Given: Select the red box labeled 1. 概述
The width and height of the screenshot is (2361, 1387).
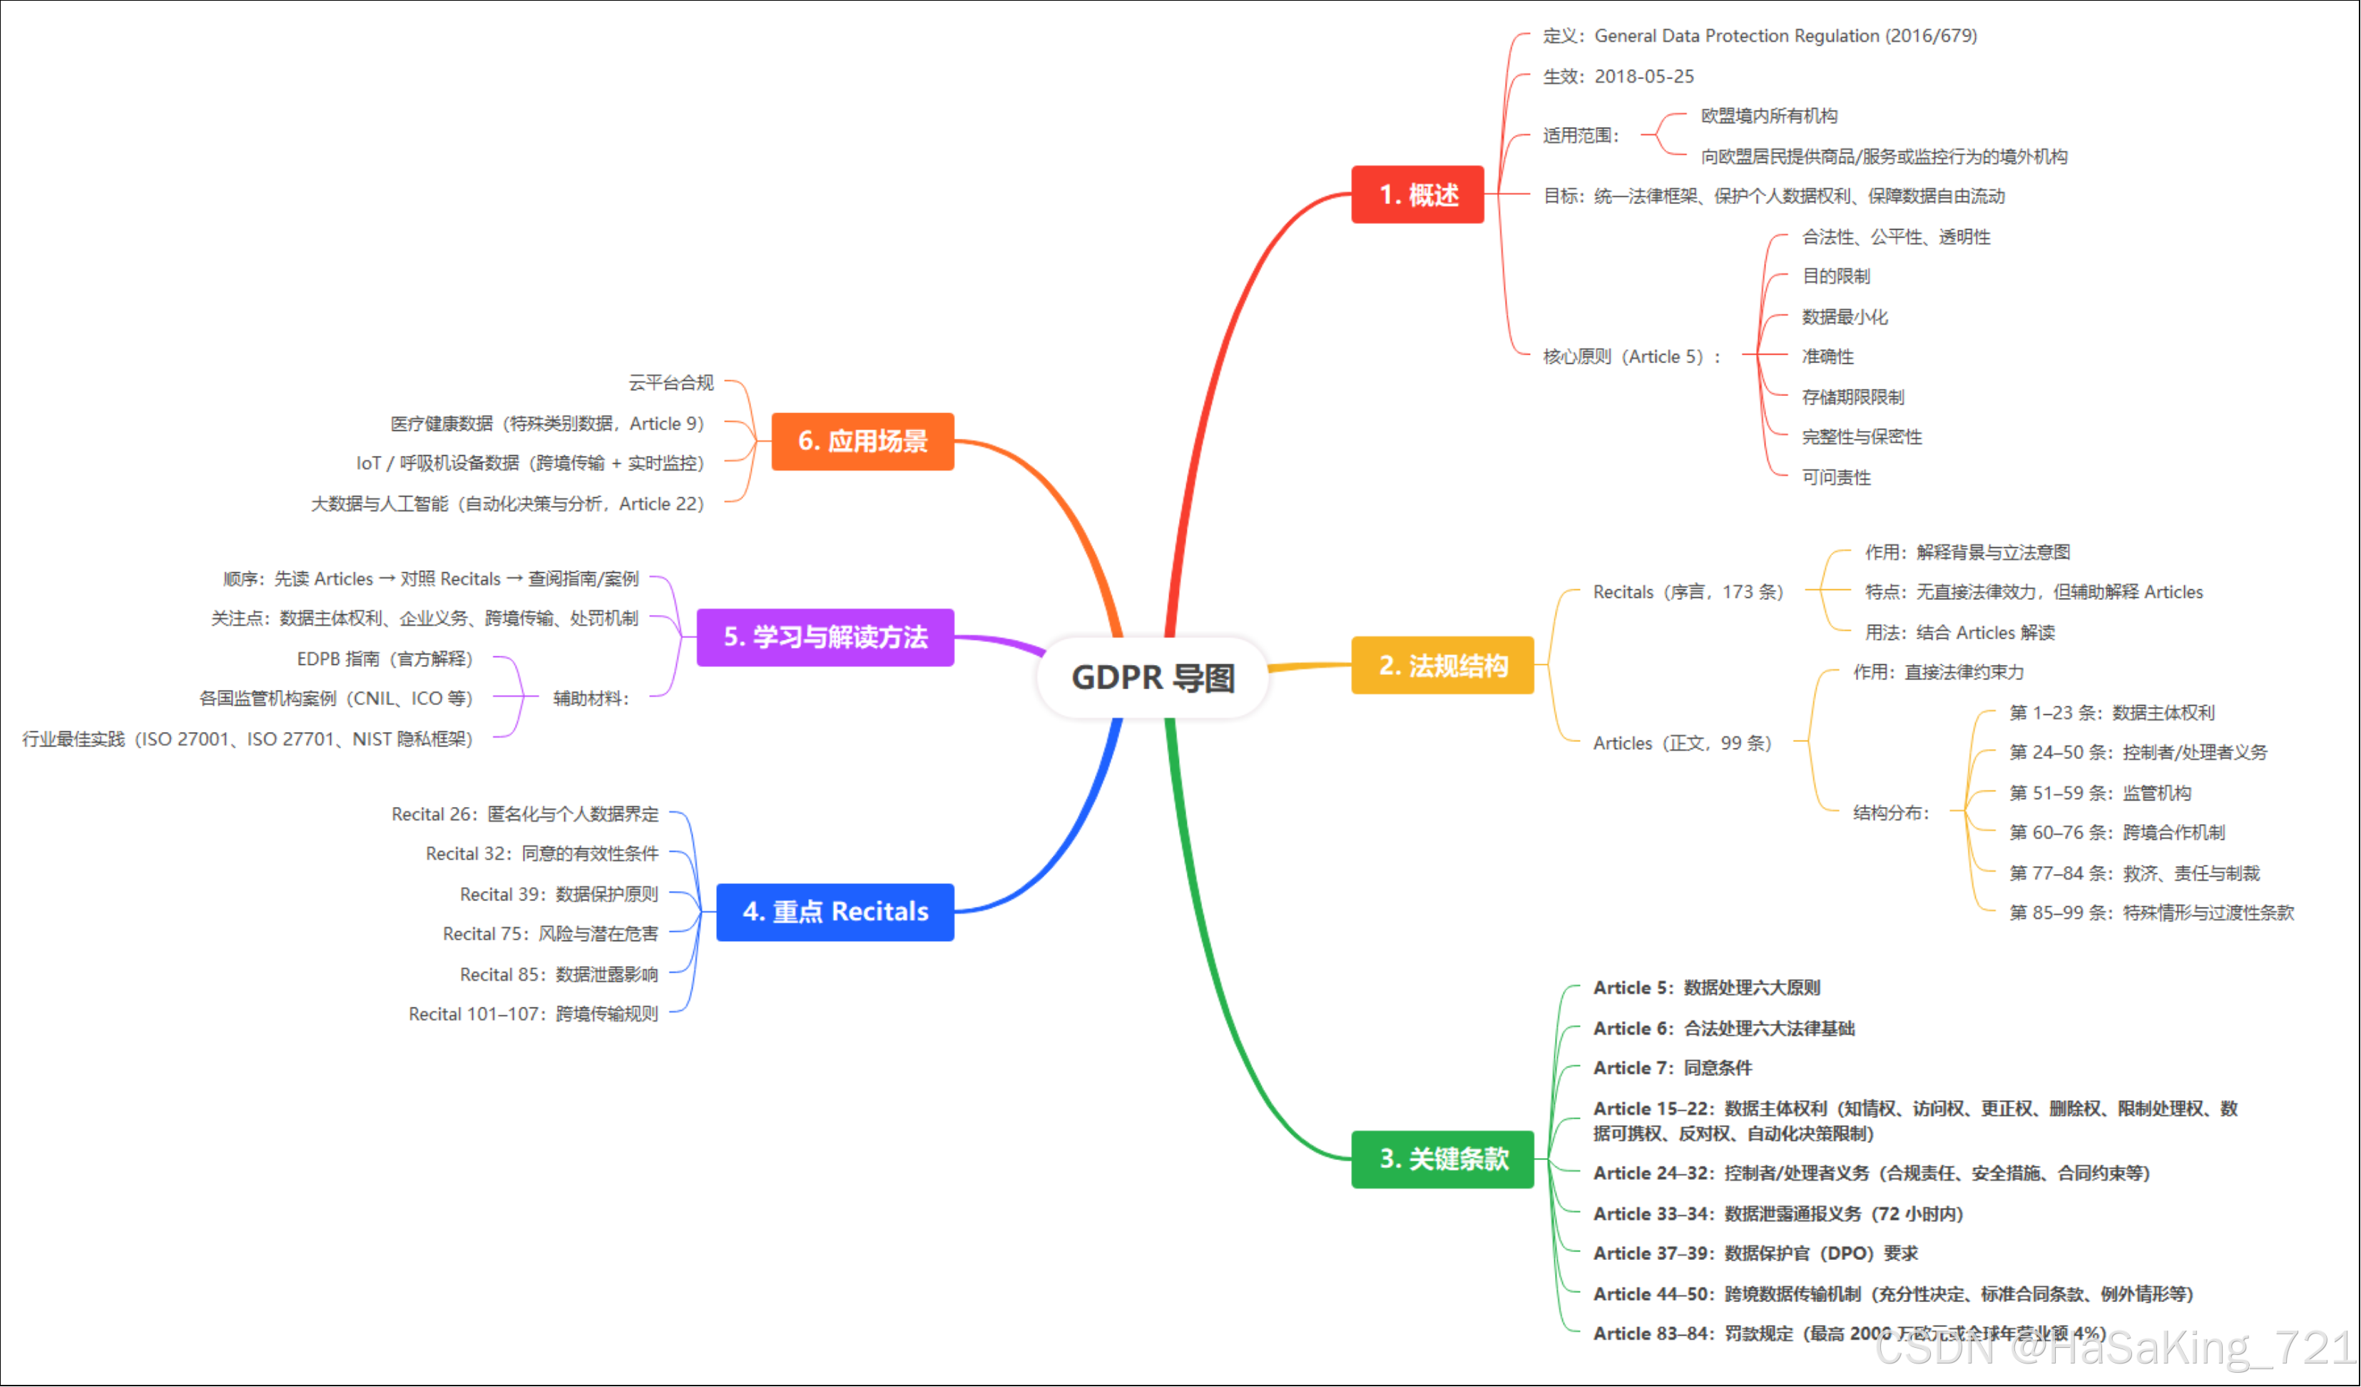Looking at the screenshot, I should point(1417,195).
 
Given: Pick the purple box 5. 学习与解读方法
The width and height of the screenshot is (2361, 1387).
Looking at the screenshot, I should point(825,637).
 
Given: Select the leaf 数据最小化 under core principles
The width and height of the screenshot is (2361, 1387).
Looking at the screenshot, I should point(1844,317).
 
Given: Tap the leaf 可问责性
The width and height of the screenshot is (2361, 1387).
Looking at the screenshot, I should point(1835,477).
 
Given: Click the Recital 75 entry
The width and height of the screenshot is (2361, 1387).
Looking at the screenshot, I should point(550,933).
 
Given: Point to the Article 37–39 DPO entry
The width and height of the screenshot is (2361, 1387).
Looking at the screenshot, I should point(1755,1253).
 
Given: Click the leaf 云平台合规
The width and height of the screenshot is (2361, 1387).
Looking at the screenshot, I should point(670,382).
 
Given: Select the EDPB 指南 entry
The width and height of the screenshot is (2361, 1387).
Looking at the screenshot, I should point(384,659).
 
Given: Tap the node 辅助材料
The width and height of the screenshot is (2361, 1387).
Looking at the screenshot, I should point(591,698).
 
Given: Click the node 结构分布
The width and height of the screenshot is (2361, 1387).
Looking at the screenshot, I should point(1891,813).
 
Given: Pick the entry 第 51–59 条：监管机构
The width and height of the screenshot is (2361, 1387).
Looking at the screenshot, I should point(2100,793).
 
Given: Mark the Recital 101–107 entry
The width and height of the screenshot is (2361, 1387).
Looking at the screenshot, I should point(533,1014).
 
